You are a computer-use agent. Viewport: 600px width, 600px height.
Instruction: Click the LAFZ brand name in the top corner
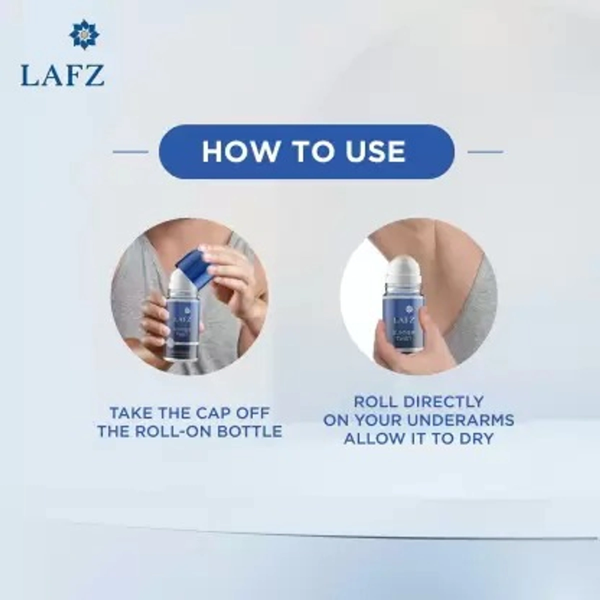62,74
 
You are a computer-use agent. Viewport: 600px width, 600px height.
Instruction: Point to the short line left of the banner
130,151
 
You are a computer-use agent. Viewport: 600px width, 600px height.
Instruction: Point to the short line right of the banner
484,151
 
